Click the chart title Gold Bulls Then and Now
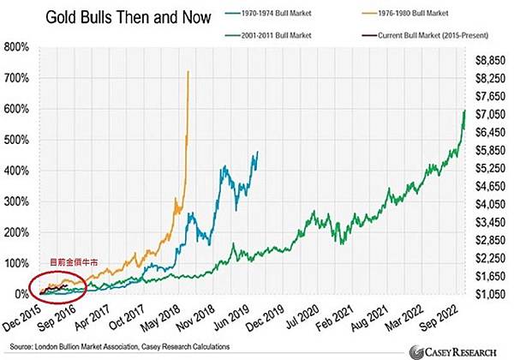click(117, 16)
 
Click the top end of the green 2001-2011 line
click(464, 111)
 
